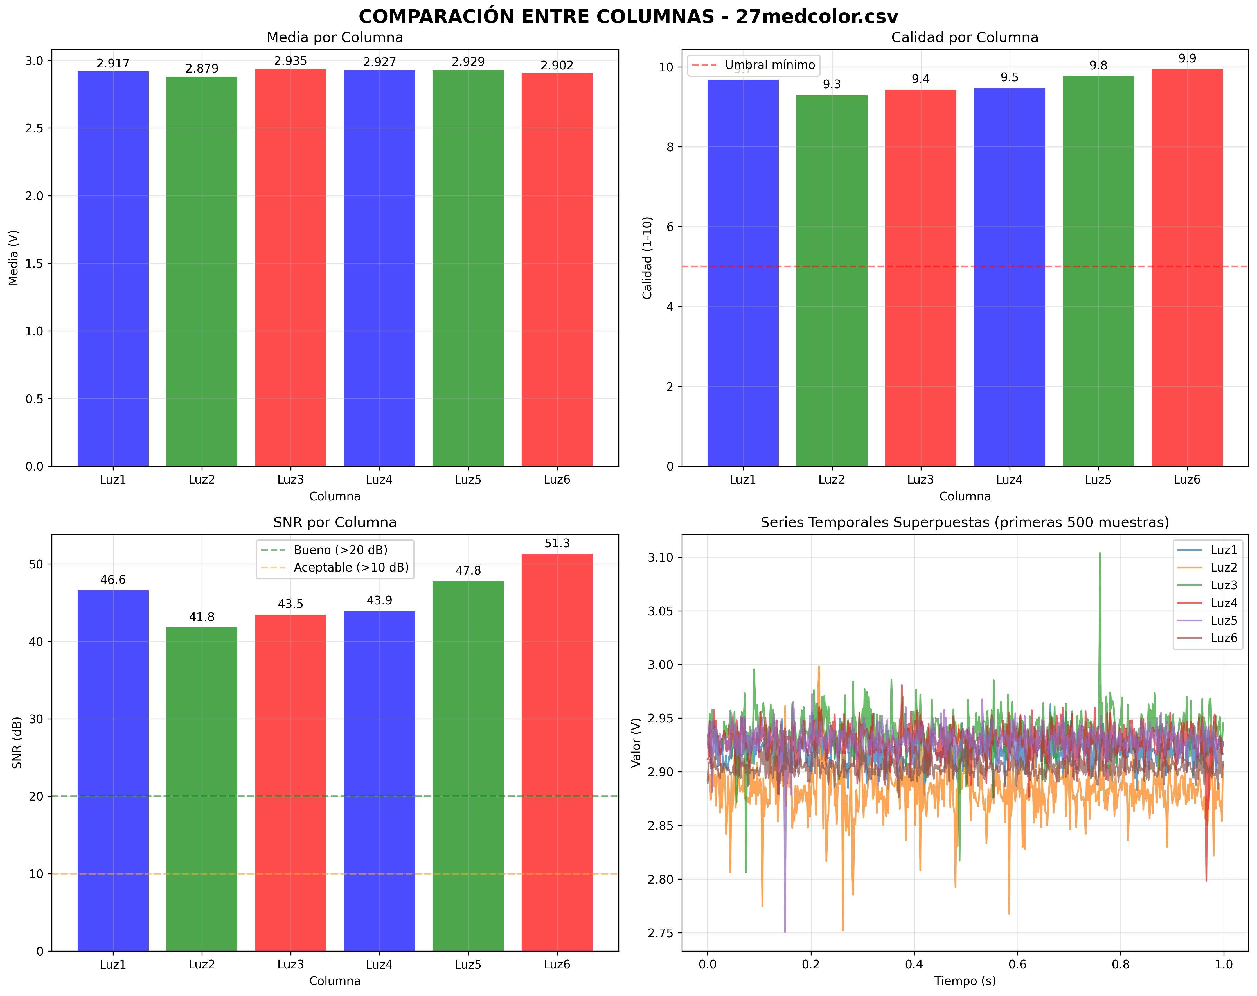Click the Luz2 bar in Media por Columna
[202, 271]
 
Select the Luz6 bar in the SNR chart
[557, 752]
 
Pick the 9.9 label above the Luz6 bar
[1187, 58]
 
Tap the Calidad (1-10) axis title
[647, 258]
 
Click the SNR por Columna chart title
[335, 522]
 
